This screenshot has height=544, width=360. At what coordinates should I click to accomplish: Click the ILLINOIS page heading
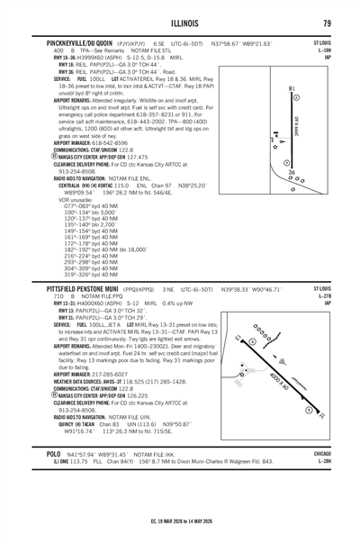click(180, 23)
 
